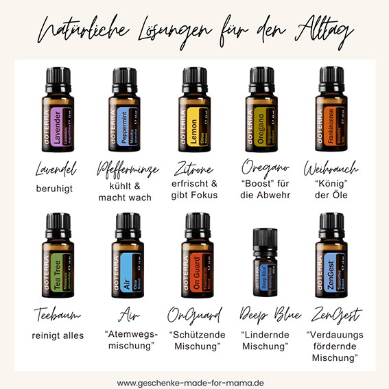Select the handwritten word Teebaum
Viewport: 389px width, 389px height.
point(58,315)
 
